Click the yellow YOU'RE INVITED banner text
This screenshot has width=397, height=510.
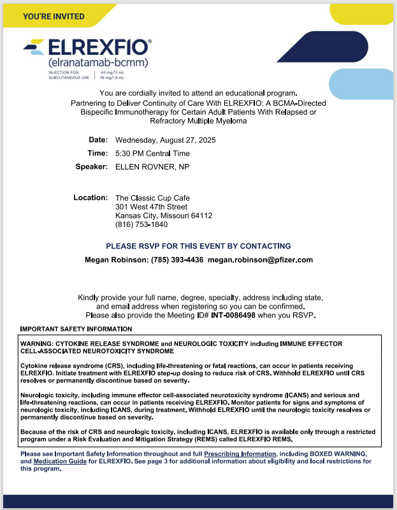[x=54, y=16]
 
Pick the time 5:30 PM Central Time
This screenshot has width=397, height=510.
[x=152, y=154]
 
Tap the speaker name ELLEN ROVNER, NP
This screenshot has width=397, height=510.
[x=152, y=167]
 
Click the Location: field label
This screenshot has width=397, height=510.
[x=90, y=198]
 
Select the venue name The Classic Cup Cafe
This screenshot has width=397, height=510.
[x=152, y=198]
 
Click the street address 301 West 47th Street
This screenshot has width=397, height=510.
[x=151, y=207]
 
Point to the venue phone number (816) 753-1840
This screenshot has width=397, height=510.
[x=141, y=224]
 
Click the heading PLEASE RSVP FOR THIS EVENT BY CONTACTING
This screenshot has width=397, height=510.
[x=198, y=246]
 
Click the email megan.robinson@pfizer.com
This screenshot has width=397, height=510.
[x=260, y=260]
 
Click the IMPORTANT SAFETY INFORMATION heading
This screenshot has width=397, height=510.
[x=76, y=330]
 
